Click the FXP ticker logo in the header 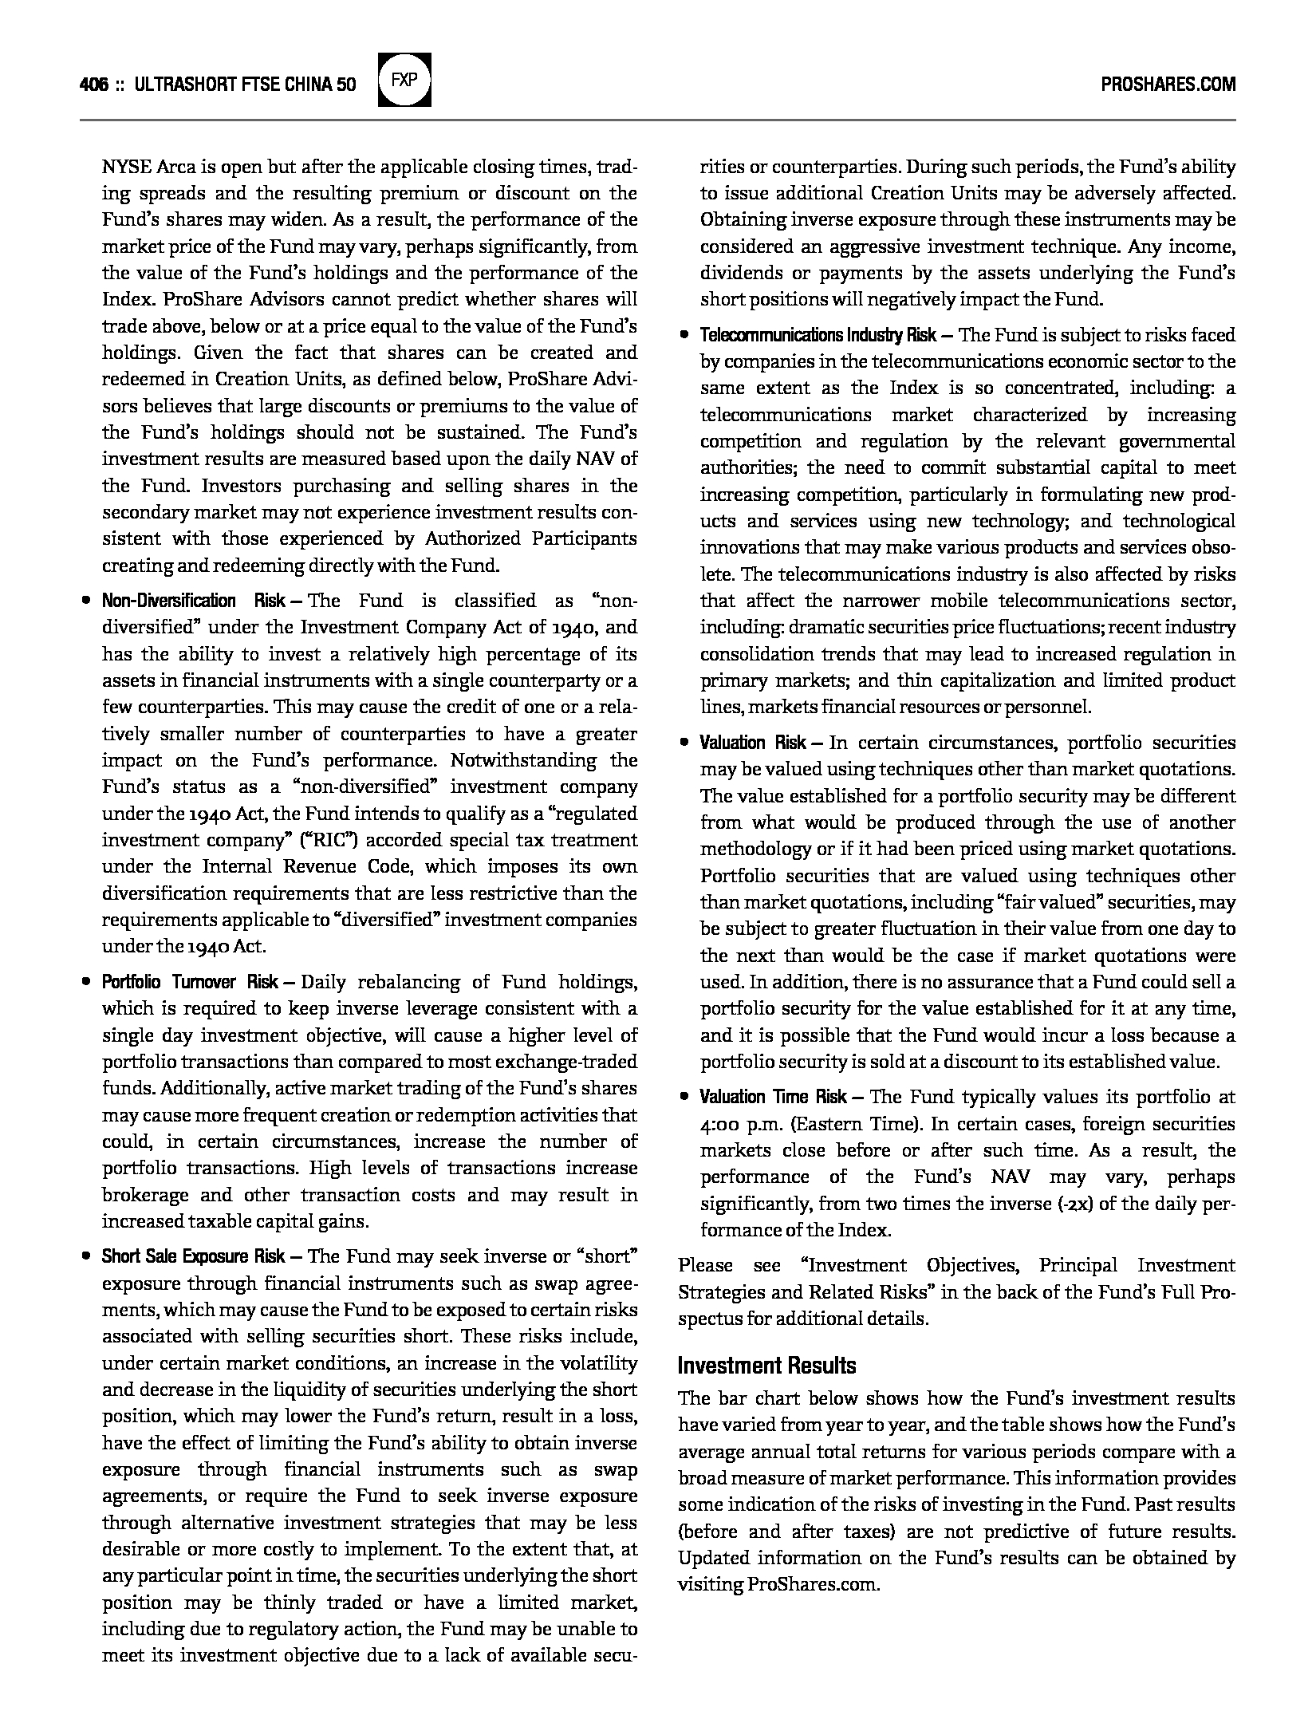tap(404, 81)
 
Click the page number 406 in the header tap(94, 84)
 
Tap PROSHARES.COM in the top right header tap(1168, 84)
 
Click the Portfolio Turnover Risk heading tap(190, 982)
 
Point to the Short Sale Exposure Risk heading tap(193, 1256)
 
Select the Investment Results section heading tap(766, 1365)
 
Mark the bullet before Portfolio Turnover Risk tap(85, 982)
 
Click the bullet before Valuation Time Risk tap(684, 1097)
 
